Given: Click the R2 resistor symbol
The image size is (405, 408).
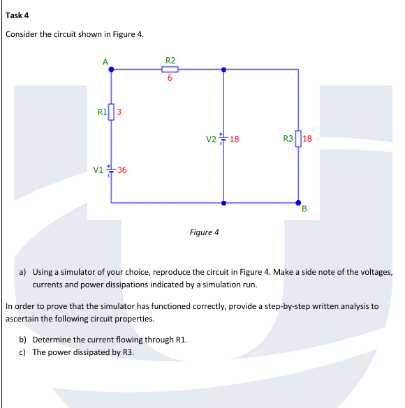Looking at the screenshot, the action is [170, 69].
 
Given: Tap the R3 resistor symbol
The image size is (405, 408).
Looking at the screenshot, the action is [298, 139].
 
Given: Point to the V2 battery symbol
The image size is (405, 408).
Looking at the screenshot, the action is [223, 139].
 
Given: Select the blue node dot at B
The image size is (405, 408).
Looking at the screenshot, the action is [298, 201].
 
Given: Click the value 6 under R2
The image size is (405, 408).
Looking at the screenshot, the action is [170, 79].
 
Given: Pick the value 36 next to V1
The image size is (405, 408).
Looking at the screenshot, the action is [122, 170].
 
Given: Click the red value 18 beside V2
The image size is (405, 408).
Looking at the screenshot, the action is [235, 139].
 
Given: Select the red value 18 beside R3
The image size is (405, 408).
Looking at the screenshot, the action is [308, 139].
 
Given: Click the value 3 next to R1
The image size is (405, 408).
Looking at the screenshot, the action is [119, 111].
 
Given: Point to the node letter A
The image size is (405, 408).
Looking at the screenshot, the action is [105, 61].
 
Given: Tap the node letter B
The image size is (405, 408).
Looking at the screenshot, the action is [305, 209].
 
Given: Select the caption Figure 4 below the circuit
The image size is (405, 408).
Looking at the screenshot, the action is [204, 232].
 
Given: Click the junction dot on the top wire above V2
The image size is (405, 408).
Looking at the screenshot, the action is [223, 69].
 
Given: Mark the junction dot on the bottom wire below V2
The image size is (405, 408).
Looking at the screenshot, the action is [223, 203].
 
